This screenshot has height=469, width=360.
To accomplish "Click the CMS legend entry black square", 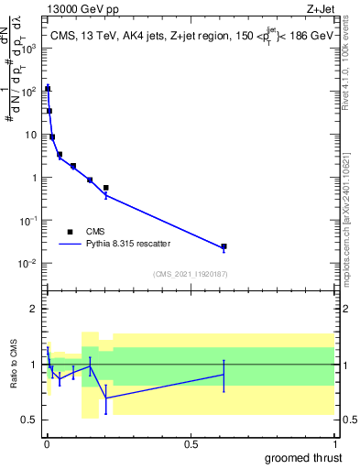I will click(70, 232).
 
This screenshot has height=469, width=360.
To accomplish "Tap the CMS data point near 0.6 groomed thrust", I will click(224, 246).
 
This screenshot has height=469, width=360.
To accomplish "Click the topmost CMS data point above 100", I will click(47, 89).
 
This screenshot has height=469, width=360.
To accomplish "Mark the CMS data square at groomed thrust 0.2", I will click(106, 188).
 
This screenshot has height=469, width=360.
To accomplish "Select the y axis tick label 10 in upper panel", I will click(32, 135).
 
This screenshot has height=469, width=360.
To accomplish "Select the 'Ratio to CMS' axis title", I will click(13, 365).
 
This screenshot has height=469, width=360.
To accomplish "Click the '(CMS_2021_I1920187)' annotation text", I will click(191, 274).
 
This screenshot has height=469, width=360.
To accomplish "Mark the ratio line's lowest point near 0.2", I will click(106, 397).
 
